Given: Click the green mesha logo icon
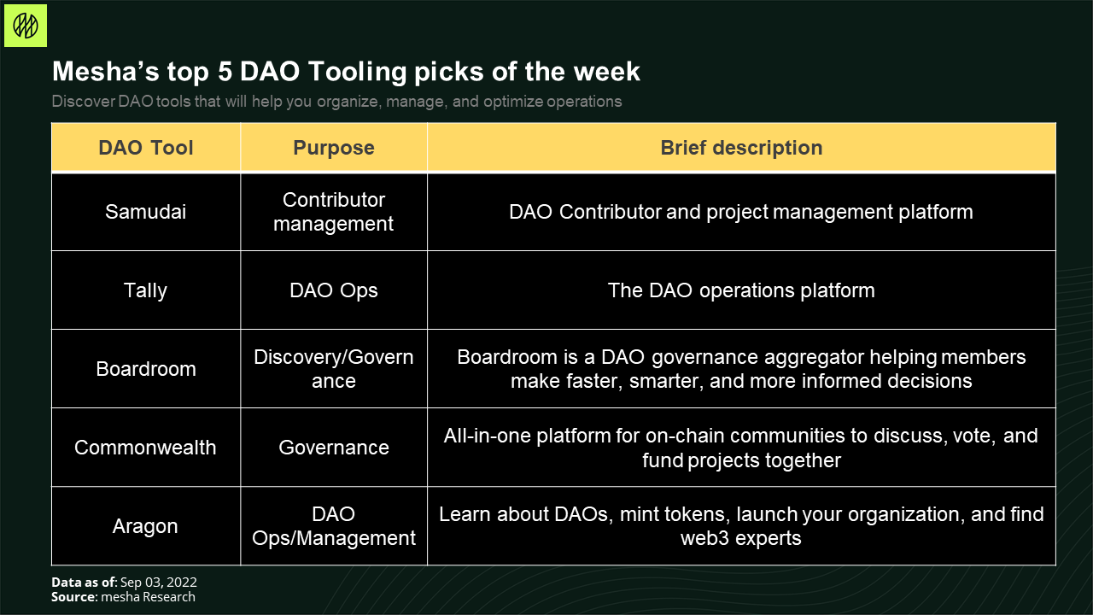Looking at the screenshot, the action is pos(26,26).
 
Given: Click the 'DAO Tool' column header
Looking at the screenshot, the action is pos(146,148).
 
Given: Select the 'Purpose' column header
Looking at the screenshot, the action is pos(334,148).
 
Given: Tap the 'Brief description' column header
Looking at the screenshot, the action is pos(741,148).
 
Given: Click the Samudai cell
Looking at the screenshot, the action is pos(146,212).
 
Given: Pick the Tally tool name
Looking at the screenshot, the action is pos(145,291).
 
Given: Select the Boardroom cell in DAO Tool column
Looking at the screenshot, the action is pos(146,369).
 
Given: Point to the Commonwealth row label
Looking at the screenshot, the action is pos(145,448).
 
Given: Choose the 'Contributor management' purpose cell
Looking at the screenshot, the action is pos(334,212).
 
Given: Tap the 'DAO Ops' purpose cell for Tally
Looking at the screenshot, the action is pos(334,291).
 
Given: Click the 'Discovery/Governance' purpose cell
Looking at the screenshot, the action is pos(334,369).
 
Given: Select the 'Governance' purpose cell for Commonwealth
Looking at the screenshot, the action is pos(334,448).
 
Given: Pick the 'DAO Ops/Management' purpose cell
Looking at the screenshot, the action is pos(334,526).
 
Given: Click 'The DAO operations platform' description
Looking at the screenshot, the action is pos(741,291).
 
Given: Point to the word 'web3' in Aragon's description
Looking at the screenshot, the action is pos(704,538).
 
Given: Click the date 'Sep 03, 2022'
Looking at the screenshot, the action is pos(159,583).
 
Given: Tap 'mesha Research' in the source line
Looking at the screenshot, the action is pos(149,597).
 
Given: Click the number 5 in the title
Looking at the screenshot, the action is pos(225,71).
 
